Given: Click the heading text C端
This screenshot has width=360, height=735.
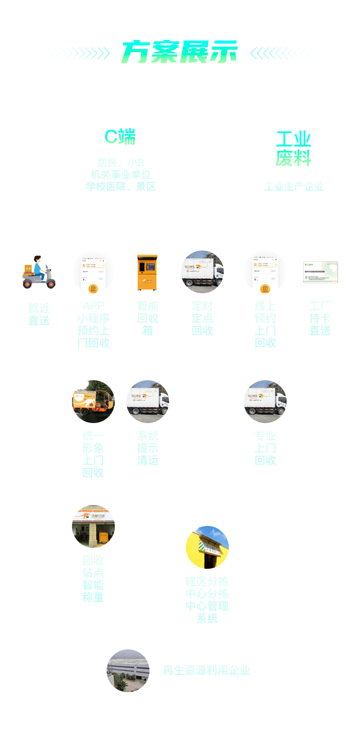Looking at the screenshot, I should coord(120,137).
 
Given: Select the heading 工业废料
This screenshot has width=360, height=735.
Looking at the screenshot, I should coord(293,149).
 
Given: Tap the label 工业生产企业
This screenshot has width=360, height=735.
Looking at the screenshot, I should coord(293,187).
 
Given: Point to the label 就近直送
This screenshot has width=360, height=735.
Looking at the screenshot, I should coord(39,315).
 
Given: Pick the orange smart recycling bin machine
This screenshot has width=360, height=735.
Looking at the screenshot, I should coord(147,272).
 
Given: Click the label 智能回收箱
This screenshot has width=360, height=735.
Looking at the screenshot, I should coord(148,318).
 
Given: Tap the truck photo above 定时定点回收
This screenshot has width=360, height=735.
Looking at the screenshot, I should coord(202,272).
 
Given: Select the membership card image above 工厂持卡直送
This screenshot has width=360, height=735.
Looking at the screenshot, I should coord(320,272).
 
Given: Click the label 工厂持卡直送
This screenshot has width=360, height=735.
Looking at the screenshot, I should coord(320,318).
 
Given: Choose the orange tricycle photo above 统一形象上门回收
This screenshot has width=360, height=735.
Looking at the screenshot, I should coord(93,402).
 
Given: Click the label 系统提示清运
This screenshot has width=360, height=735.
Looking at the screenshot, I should coord(148,448).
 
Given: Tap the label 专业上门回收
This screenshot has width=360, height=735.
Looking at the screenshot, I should coord(265,448).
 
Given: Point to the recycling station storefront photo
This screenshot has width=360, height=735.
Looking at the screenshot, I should coord(93,526).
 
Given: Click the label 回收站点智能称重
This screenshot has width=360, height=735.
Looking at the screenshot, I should coord(93,579).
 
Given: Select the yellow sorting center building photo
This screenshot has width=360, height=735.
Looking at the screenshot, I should coord(207,547).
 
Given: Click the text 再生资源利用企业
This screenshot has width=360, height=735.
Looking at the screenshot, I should coord(206,670).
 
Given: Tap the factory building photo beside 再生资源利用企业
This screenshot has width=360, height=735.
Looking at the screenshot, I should coord(128,671).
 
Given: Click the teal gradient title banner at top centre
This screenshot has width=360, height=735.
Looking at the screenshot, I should coord(179,51).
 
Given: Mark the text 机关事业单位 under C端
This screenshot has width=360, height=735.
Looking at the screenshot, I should coord(121,175).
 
